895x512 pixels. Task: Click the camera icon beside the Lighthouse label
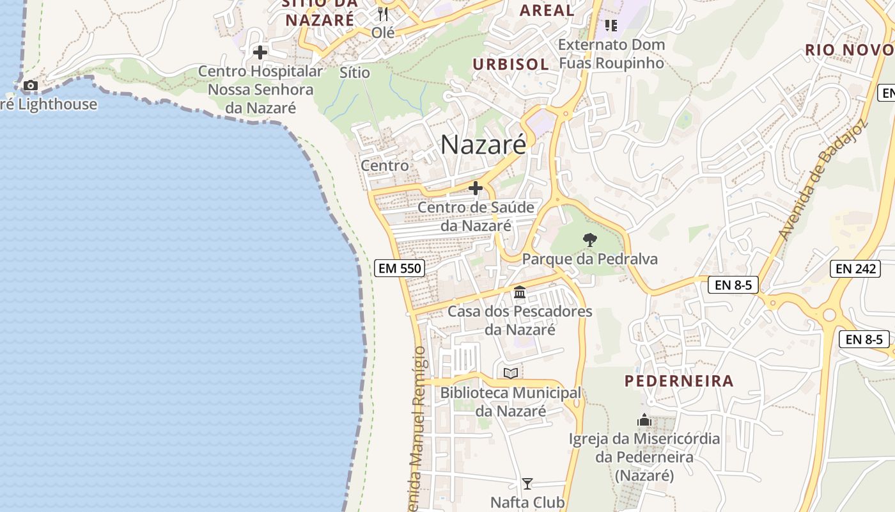click(30, 86)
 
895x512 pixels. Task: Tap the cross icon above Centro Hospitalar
click(260, 52)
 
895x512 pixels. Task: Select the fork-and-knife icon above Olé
click(383, 13)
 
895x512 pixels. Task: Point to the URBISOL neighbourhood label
click(511, 64)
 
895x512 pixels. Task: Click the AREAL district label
click(547, 10)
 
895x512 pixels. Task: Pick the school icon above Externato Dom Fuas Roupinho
click(611, 26)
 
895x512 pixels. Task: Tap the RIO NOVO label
click(849, 50)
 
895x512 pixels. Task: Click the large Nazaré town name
click(483, 145)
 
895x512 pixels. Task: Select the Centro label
click(385, 165)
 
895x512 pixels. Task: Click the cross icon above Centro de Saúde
click(476, 188)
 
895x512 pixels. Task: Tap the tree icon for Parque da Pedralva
click(590, 240)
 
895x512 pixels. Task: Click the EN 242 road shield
click(855, 269)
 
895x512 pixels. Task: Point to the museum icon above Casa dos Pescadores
click(520, 292)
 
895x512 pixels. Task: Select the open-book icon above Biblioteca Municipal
click(510, 373)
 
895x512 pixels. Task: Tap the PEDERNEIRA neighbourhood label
click(679, 381)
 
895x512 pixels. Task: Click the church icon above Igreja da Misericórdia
click(644, 420)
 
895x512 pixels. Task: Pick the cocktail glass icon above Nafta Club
click(527, 483)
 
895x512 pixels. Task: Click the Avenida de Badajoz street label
click(823, 180)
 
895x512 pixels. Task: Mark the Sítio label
click(355, 72)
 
